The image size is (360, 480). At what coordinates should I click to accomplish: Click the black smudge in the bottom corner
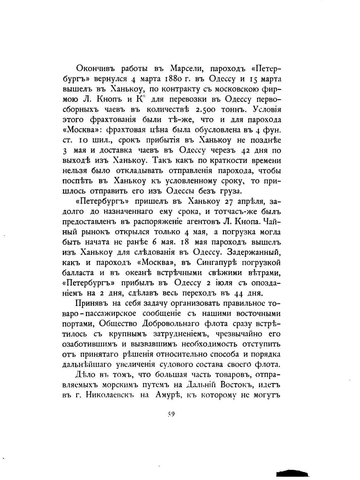tap(291, 473)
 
